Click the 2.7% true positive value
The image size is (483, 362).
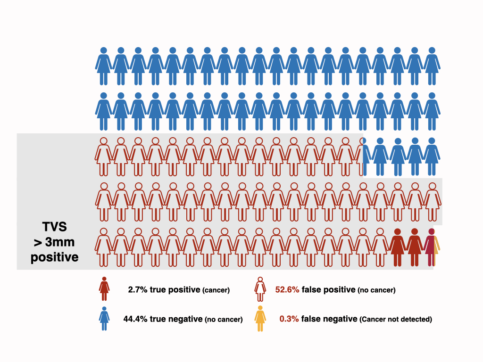pos(138,290)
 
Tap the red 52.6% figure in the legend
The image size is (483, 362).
pos(287,290)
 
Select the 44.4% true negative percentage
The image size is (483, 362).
pos(135,319)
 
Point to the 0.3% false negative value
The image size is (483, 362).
pos(289,319)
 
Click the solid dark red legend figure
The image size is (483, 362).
pos(104,289)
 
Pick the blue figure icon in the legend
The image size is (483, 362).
pos(104,319)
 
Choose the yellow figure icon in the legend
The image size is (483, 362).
pos(260,319)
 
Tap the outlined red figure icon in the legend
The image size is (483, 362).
pos(260,289)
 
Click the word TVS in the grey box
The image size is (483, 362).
pos(55,227)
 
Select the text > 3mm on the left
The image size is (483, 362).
pos(54,242)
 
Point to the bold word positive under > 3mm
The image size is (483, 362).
pos(55,257)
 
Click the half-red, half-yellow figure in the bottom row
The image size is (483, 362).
pos(432,247)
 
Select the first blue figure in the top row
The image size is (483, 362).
pos(104,66)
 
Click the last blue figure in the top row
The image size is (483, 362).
pos(432,66)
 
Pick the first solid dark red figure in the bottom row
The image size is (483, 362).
pos(398,247)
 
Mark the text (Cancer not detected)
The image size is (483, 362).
pos(396,319)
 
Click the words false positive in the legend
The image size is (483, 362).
pos(329,290)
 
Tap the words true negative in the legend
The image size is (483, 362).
pos(176,319)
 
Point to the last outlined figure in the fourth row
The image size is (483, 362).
pos(433,202)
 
